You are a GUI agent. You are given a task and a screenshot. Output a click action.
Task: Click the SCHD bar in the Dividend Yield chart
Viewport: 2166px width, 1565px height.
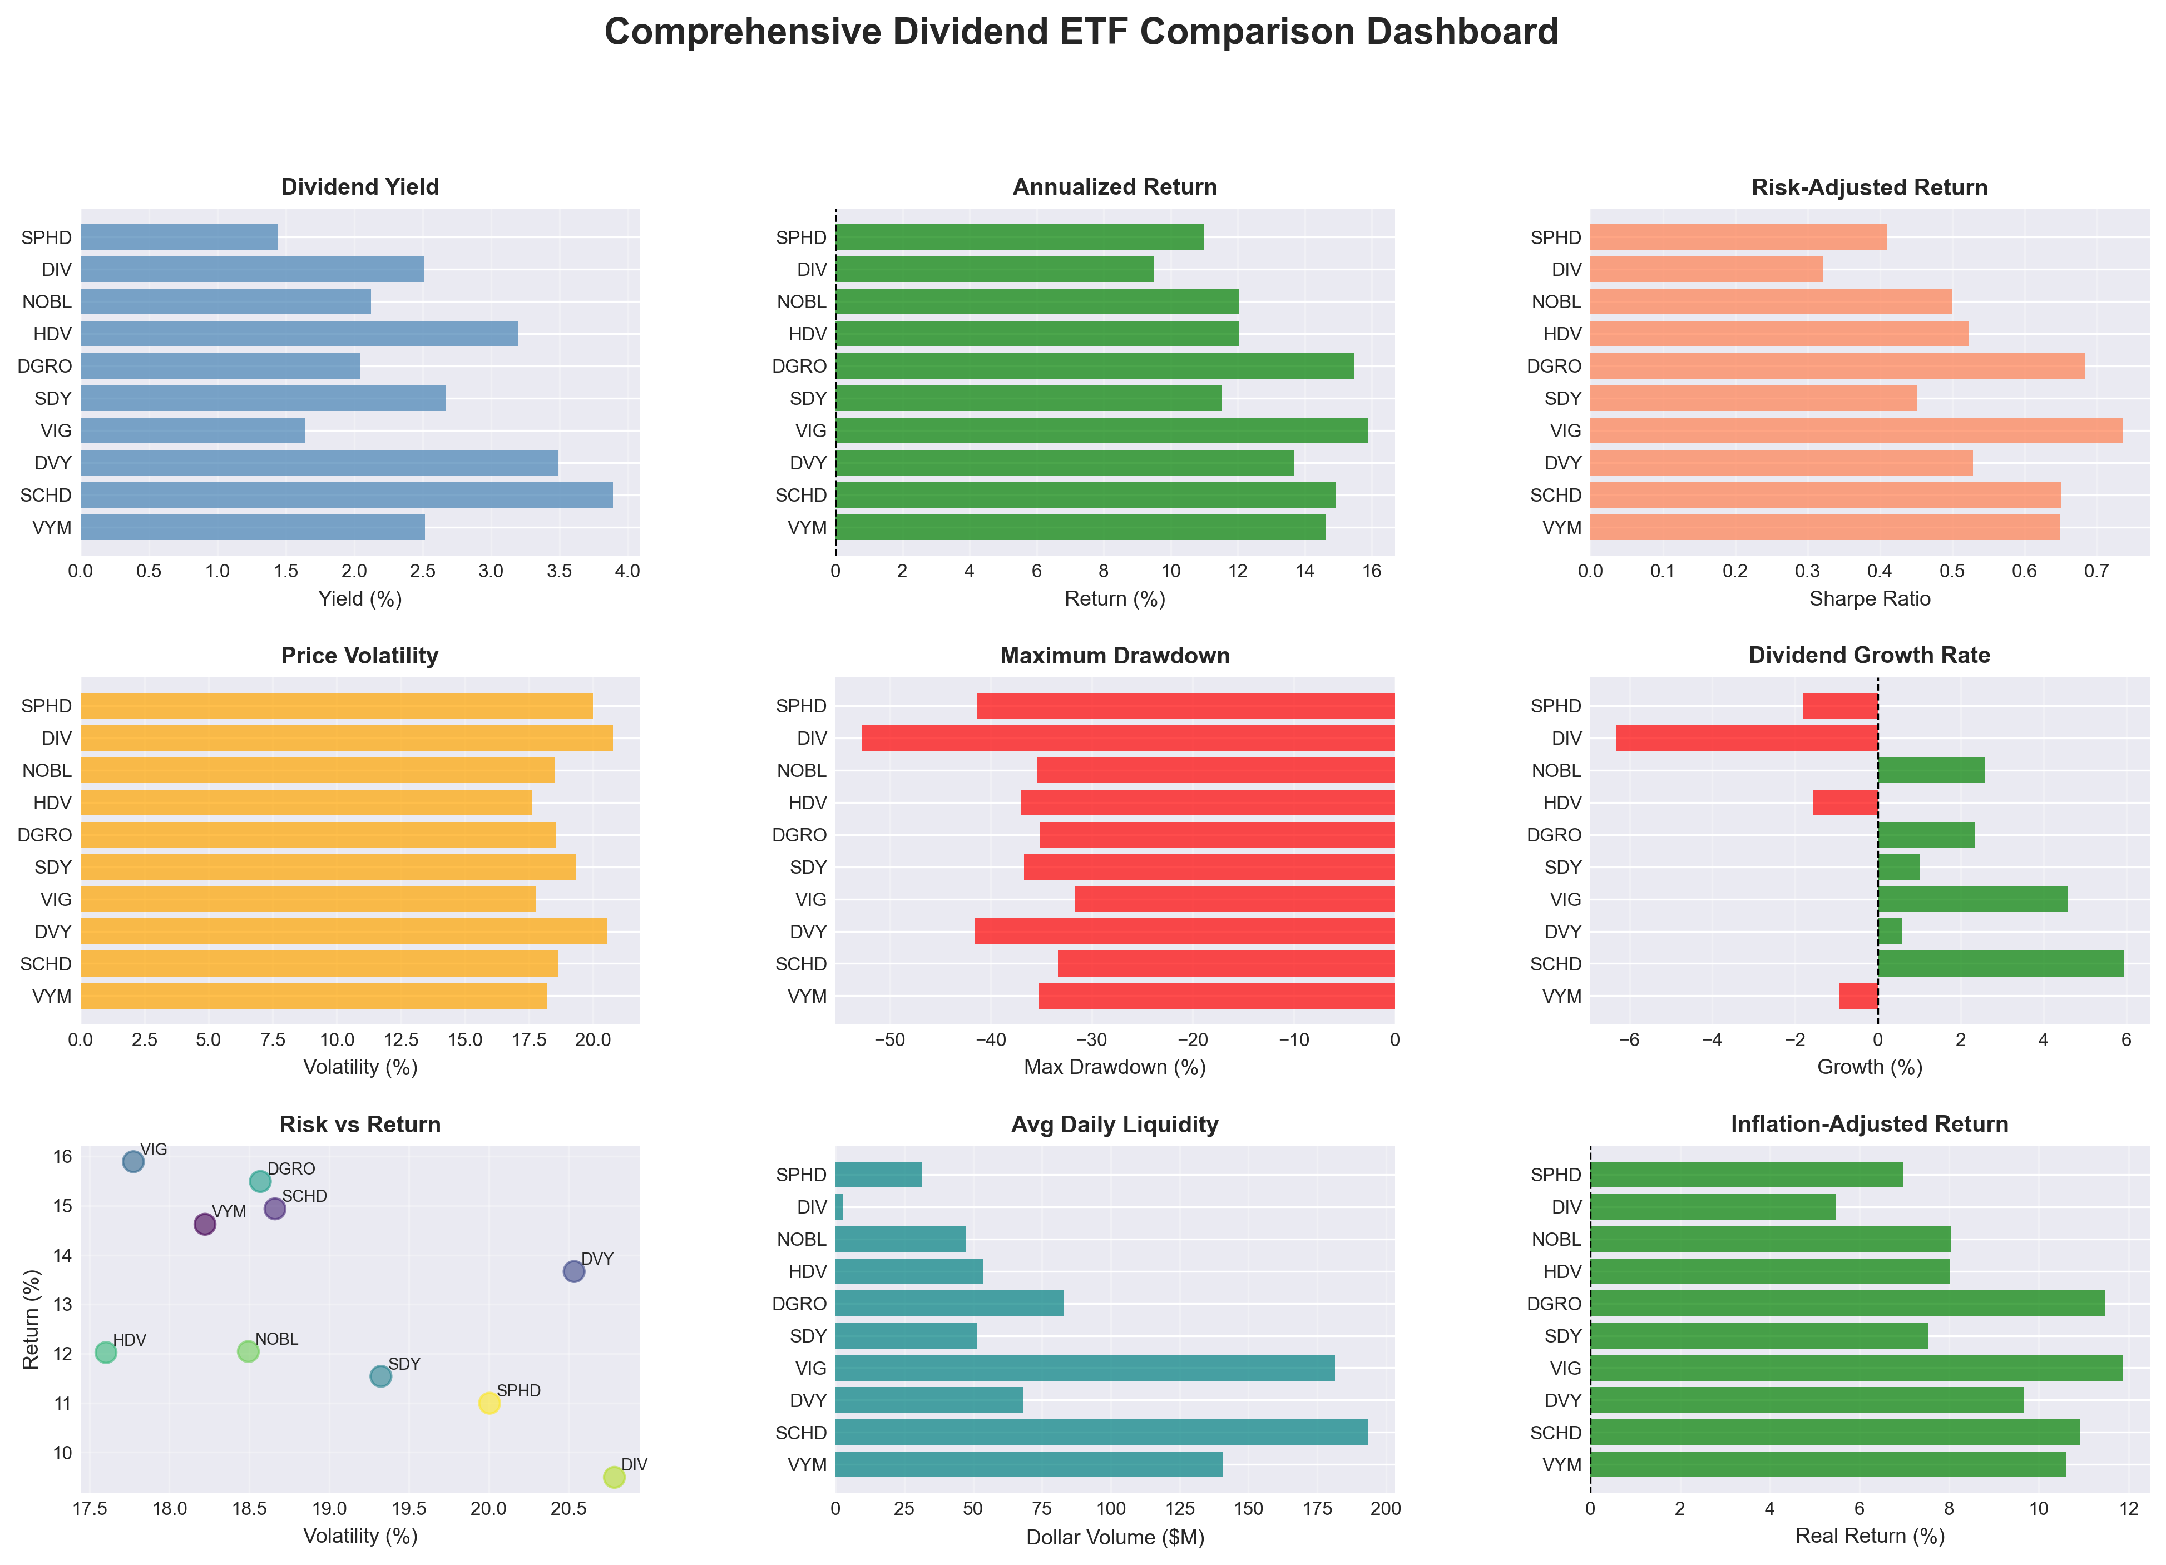pos(346,494)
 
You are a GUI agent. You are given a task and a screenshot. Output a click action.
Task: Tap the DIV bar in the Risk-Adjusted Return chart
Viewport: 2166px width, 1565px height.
pos(1705,269)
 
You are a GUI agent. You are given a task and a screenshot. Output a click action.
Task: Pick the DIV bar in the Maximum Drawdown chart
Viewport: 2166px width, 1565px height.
pos(1127,738)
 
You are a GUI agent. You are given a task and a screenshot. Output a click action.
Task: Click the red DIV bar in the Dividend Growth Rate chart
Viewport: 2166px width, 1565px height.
pos(1746,738)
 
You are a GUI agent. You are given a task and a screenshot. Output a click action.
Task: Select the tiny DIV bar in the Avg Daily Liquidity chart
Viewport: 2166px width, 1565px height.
pos(838,1207)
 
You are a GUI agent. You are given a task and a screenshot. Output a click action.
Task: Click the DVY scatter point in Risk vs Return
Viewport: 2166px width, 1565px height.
pos(573,1271)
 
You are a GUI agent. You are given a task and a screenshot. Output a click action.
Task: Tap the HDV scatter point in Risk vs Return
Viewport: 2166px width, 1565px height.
pos(106,1352)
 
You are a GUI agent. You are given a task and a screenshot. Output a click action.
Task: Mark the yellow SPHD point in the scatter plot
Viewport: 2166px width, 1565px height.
pos(489,1403)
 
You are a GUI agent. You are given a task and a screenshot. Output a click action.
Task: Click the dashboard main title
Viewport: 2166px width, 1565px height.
pos(1081,32)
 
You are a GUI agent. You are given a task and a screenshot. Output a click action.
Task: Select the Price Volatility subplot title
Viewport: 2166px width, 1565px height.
pos(359,656)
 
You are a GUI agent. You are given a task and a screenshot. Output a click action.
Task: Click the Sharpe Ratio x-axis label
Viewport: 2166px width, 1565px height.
pos(1869,598)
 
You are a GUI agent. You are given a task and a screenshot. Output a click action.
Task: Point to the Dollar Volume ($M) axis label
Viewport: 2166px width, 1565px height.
pos(1115,1537)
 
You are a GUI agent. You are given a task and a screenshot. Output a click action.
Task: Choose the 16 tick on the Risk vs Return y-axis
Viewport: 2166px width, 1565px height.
pos(62,1156)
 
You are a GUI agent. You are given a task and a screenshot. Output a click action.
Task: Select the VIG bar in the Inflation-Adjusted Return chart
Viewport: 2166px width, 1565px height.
pos(1856,1368)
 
